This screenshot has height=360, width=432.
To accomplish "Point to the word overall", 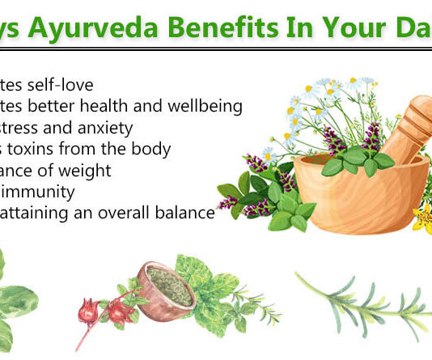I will (x=128, y=213).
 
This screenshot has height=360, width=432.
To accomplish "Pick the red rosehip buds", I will (x=112, y=310).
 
